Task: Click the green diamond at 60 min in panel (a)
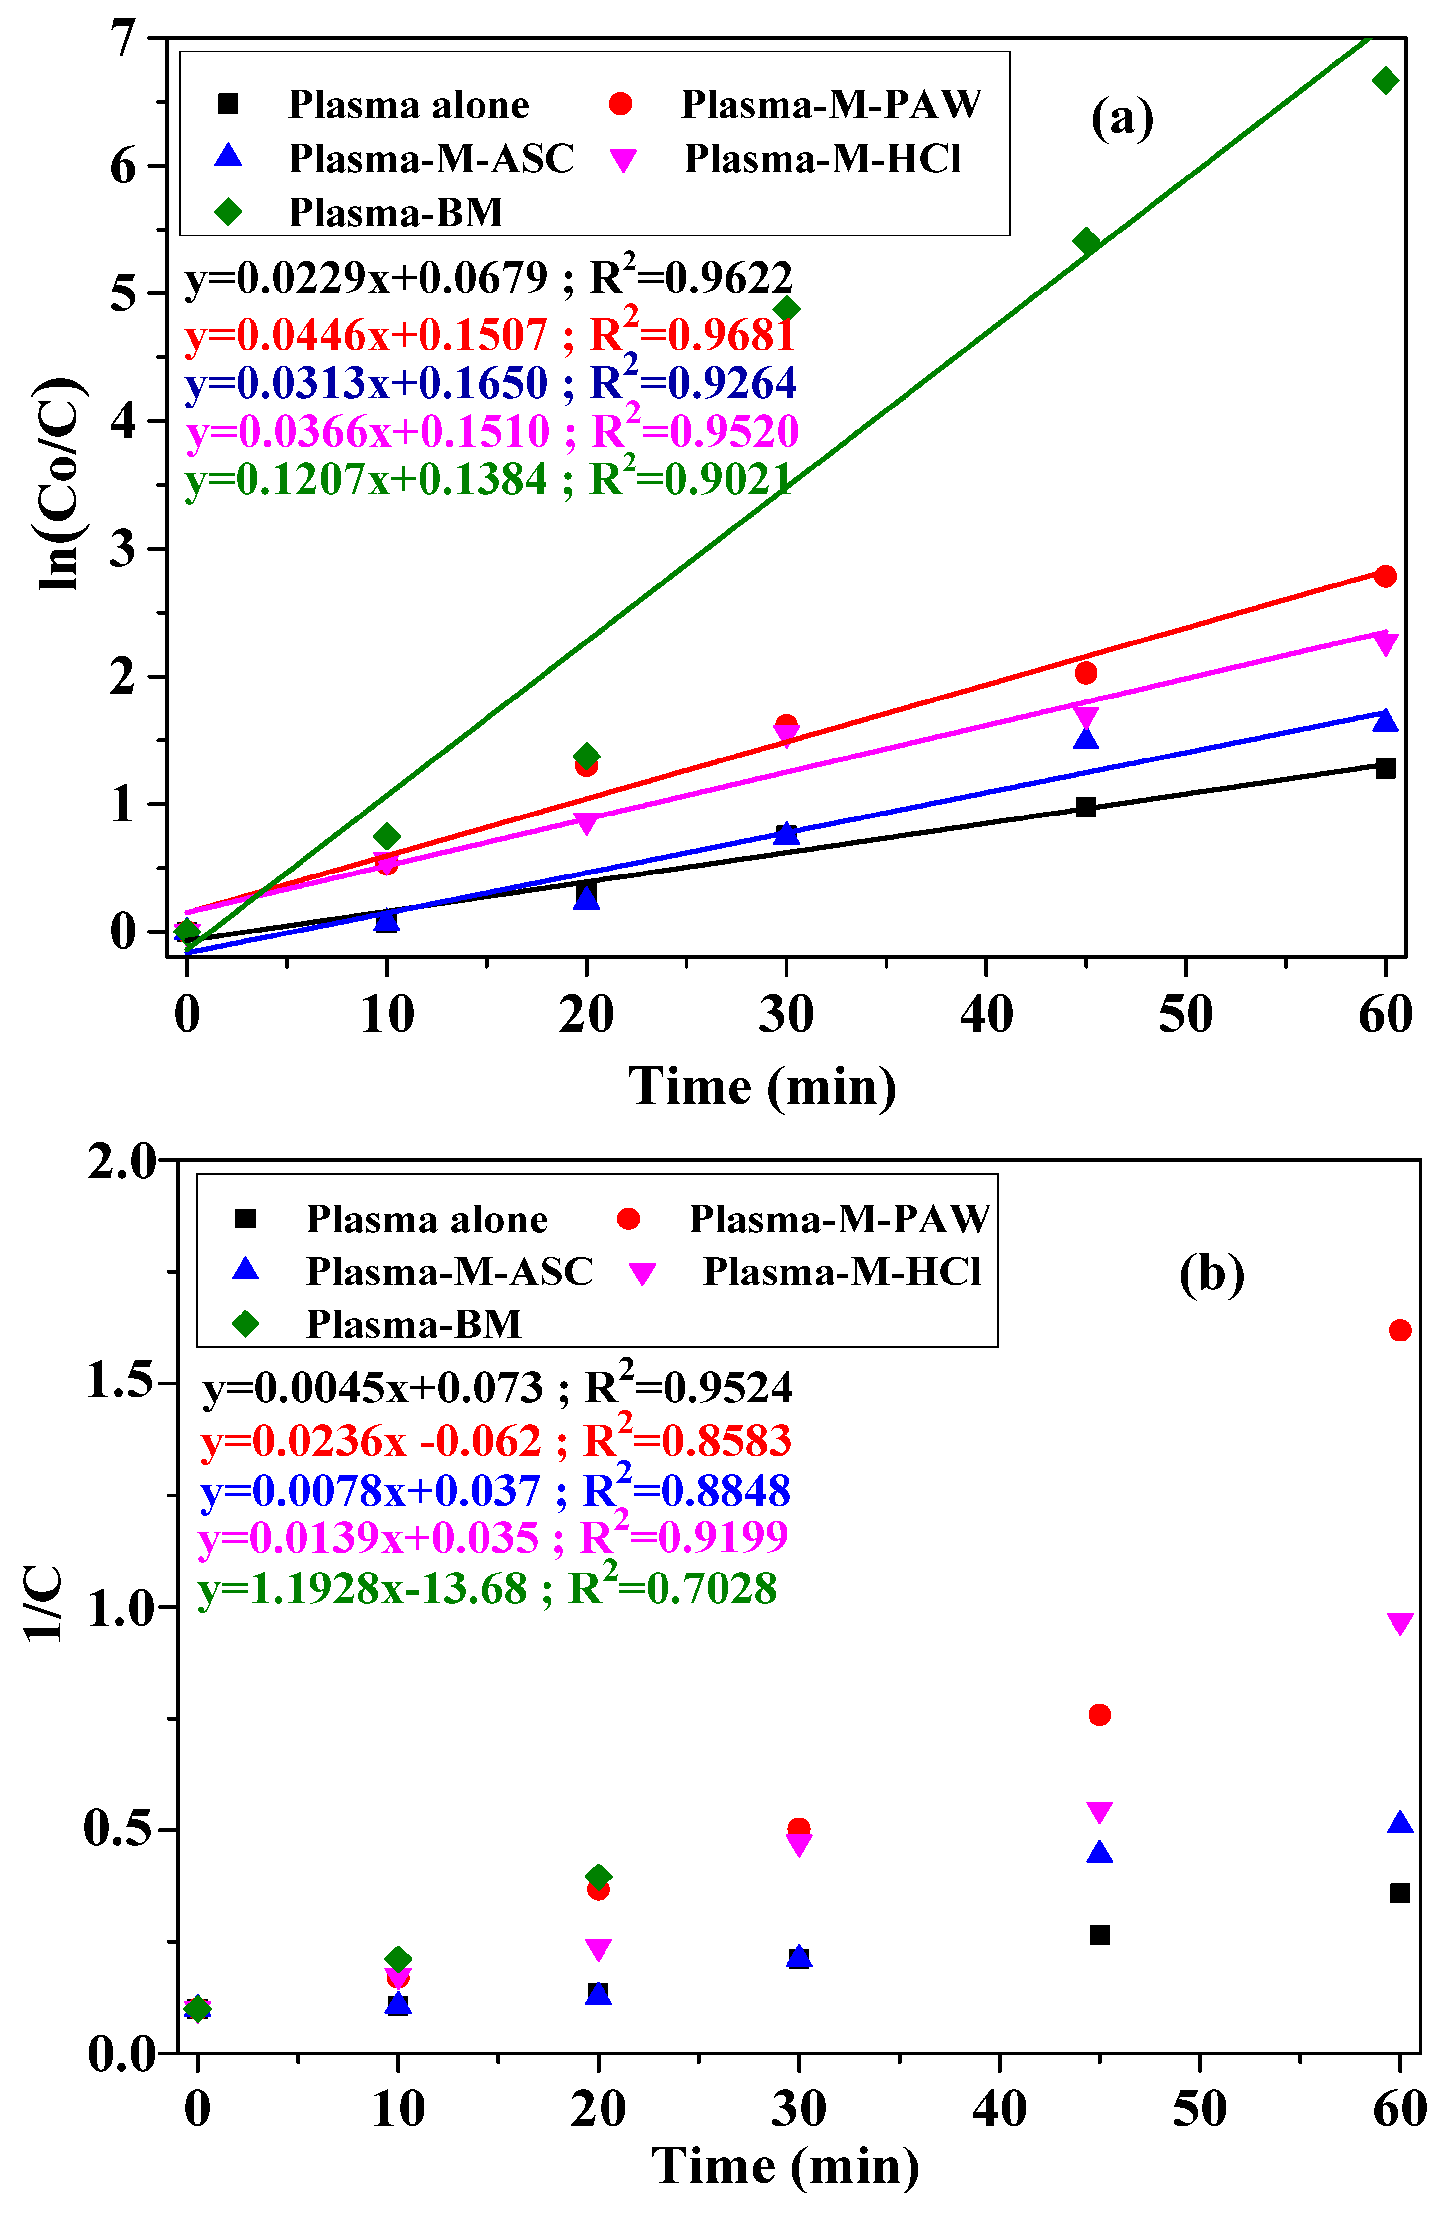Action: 1385,81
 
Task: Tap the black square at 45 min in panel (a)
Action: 1086,807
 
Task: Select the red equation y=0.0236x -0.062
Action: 370,1441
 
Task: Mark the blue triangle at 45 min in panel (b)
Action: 1099,1852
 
